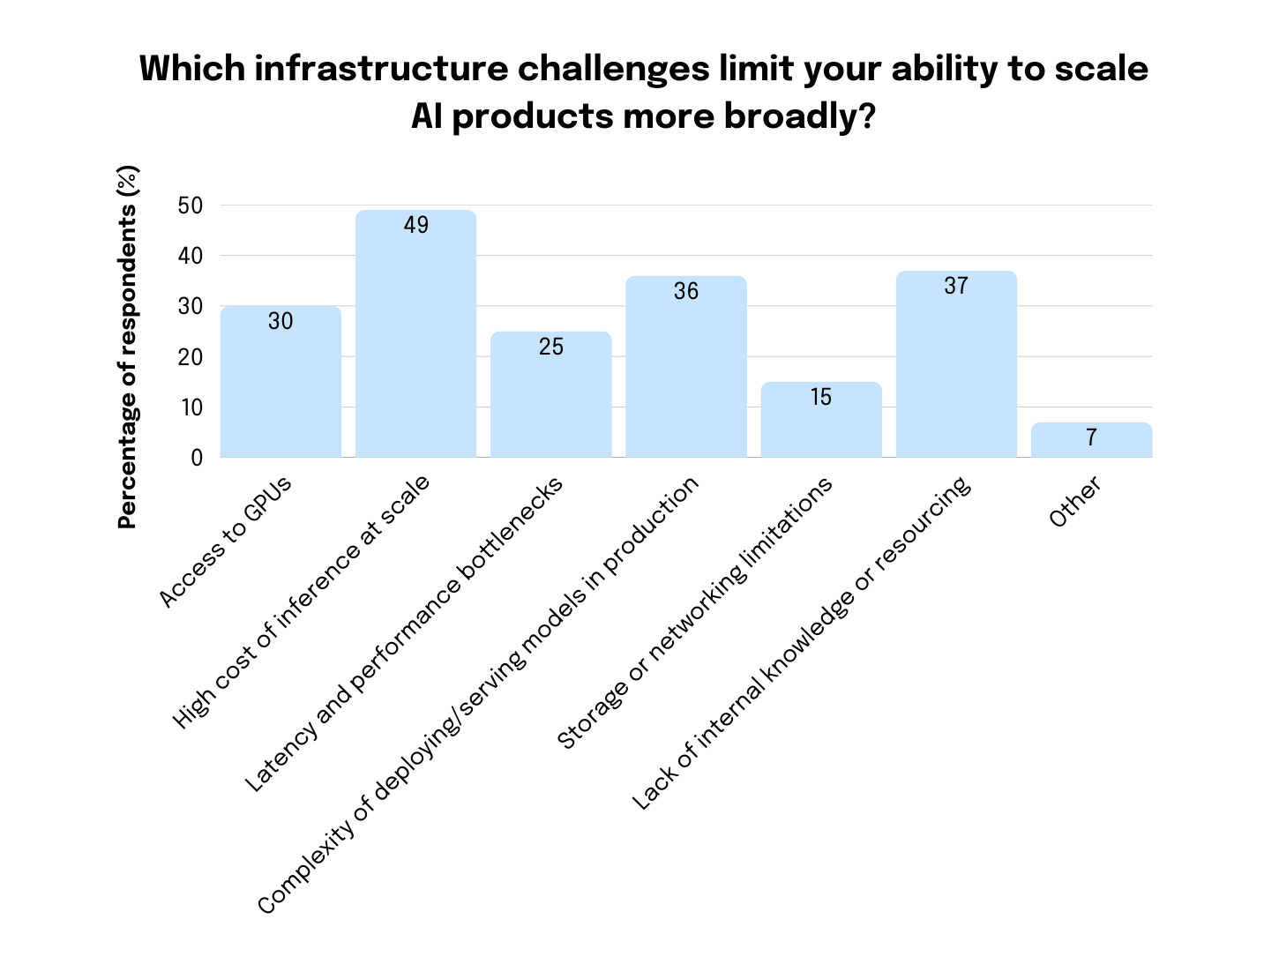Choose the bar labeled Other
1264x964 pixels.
click(1091, 440)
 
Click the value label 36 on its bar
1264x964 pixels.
click(686, 292)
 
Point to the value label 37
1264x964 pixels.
click(956, 287)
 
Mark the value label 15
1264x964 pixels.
click(821, 398)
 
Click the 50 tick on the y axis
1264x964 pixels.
click(191, 206)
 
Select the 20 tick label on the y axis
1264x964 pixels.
click(191, 357)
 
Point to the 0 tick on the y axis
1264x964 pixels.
click(197, 458)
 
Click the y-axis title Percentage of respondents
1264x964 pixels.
click(129, 347)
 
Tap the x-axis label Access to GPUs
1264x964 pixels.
click(226, 542)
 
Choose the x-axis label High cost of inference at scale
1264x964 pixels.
click(302, 602)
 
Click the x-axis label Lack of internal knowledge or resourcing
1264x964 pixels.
click(802, 644)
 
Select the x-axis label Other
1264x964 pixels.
click(1075, 502)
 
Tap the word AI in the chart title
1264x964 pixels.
click(426, 116)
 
